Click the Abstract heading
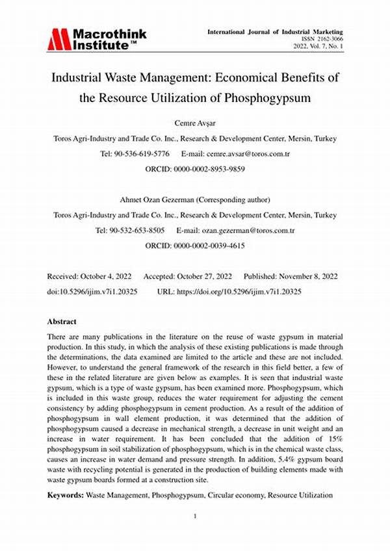click(62, 322)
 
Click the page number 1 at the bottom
click(194, 517)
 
